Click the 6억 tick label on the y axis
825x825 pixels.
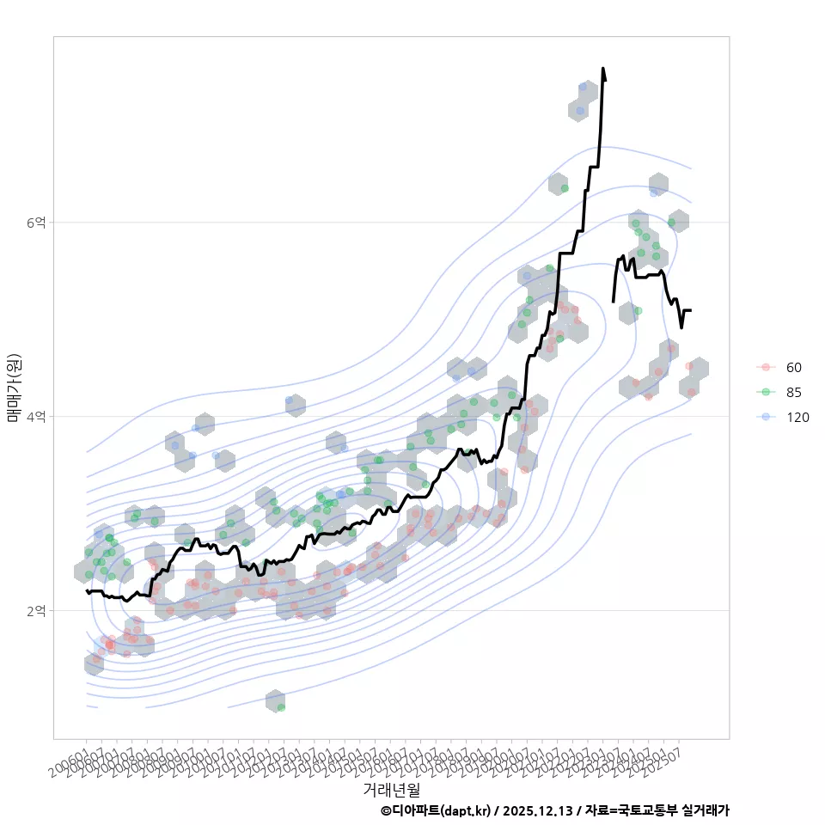[35, 223]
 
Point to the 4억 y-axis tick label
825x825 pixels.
[35, 417]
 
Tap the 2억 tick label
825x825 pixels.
[35, 611]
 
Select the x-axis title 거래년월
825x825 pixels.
[391, 788]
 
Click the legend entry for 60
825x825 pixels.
[793, 368]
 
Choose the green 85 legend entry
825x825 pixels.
[793, 393]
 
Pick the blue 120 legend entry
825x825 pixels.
[797, 418]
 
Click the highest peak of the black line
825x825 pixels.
[603, 69]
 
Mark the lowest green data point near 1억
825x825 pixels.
[281, 707]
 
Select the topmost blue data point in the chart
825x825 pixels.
[583, 87]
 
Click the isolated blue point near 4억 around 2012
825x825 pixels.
[289, 400]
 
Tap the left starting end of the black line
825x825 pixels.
[87, 591]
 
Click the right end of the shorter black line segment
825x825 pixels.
[690, 309]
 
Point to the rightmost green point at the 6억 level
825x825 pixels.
[672, 223]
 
